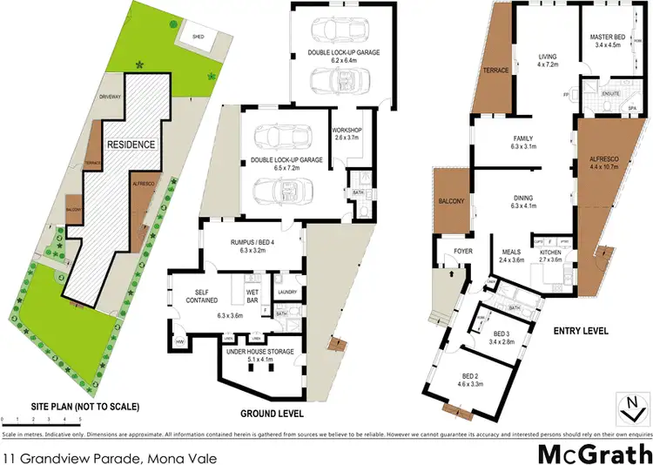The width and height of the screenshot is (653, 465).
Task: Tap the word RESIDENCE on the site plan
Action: coord(131,144)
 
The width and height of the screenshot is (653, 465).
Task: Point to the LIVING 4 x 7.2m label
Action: coord(546,59)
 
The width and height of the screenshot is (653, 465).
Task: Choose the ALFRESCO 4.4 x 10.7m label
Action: coord(604,165)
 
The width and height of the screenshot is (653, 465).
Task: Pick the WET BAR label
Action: coord(254,293)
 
